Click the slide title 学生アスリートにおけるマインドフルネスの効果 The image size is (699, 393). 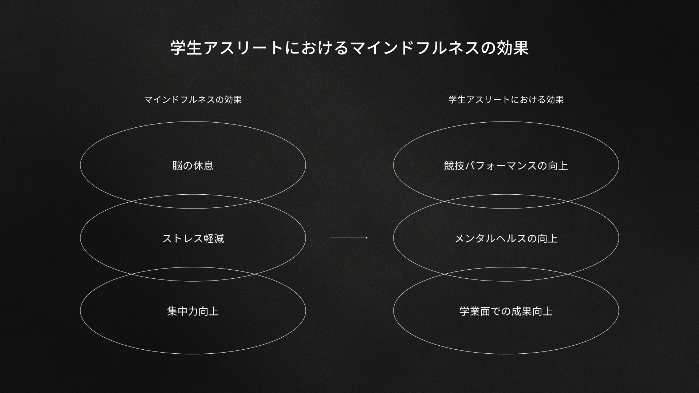[x=349, y=48]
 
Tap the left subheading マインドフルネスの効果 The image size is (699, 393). [x=193, y=100]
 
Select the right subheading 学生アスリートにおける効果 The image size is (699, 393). [x=506, y=100]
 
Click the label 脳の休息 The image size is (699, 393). [x=193, y=166]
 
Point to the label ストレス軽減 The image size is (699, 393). [x=193, y=238]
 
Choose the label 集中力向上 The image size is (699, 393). [x=193, y=311]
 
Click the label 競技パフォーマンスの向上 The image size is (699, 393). [x=506, y=166]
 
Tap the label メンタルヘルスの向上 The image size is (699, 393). [x=506, y=238]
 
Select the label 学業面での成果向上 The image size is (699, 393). [x=506, y=311]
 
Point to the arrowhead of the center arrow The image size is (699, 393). [x=366, y=238]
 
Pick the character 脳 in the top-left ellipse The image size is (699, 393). [x=177, y=166]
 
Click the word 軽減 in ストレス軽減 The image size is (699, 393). [x=214, y=238]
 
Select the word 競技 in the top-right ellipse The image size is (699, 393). [x=454, y=166]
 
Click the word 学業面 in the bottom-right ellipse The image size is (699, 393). [x=475, y=311]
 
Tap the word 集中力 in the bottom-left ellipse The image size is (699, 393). [x=182, y=311]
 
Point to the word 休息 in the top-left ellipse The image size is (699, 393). [x=203, y=166]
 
